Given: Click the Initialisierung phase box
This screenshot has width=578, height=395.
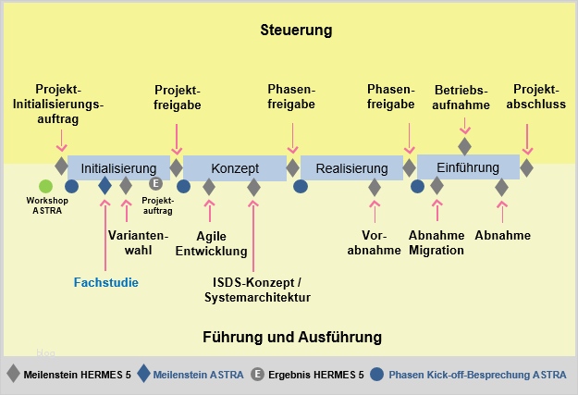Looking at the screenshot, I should pyautogui.click(x=118, y=168).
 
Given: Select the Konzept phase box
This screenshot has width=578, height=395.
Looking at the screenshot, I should pyautogui.click(x=235, y=168).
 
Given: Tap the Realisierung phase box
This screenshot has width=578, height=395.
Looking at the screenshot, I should pyautogui.click(x=351, y=168).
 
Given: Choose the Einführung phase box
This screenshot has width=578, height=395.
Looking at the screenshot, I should pyautogui.click(x=467, y=167).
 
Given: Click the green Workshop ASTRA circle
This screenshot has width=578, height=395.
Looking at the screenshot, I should pyautogui.click(x=46, y=186).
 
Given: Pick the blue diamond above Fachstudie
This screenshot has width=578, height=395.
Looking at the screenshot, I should pyautogui.click(x=105, y=186).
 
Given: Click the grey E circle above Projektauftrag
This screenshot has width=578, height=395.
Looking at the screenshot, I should pyautogui.click(x=155, y=183).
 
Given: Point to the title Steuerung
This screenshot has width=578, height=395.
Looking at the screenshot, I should pyautogui.click(x=296, y=31).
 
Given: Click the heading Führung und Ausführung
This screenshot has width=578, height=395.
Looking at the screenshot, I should pyautogui.click(x=291, y=337).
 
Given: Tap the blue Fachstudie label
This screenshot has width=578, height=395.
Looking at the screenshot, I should pyautogui.click(x=106, y=282).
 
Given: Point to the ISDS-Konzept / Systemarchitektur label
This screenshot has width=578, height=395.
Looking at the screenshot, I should pyautogui.click(x=257, y=290).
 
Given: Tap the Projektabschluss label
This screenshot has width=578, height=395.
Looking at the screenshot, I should pyautogui.click(x=535, y=97).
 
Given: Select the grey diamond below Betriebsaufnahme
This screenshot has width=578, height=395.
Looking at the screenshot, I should pyautogui.click(x=465, y=146).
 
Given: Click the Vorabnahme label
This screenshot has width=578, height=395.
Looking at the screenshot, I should pyautogui.click(x=373, y=243).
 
